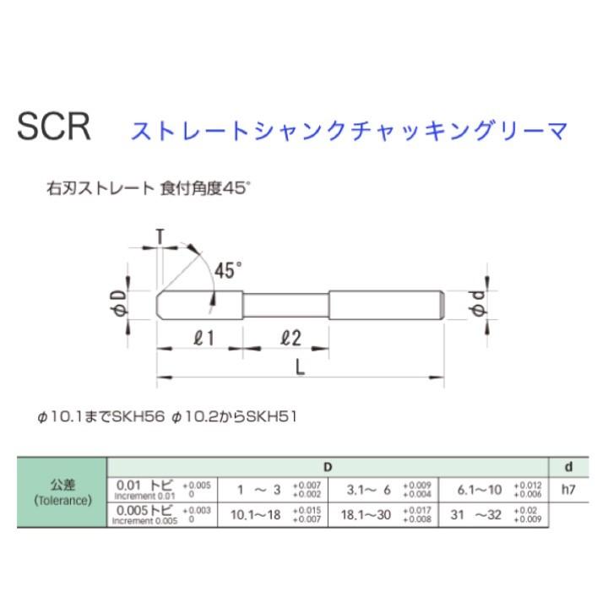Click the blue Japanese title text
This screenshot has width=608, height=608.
(348, 131)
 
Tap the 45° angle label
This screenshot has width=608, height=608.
(227, 271)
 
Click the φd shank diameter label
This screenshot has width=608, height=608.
(478, 305)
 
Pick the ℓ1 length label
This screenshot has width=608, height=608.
(203, 338)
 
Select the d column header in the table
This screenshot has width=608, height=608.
(569, 466)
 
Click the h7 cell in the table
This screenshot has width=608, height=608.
(568, 489)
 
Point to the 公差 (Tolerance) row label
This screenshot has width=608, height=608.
(62, 492)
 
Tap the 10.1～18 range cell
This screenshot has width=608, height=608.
(252, 513)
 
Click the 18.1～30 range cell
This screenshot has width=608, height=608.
(366, 513)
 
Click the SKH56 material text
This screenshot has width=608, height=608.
(136, 416)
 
